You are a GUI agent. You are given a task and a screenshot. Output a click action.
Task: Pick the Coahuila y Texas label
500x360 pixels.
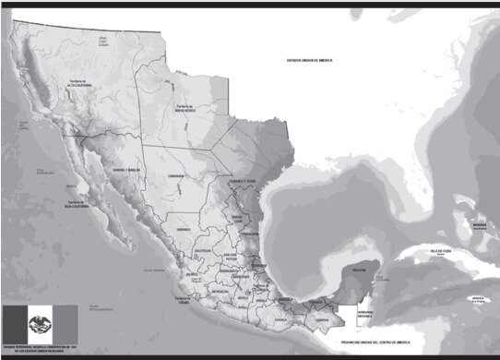tap(242, 181)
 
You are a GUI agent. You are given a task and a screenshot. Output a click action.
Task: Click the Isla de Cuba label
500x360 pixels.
tap(432, 251)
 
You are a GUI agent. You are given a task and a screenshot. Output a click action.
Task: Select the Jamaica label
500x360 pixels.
tap(477, 297)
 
